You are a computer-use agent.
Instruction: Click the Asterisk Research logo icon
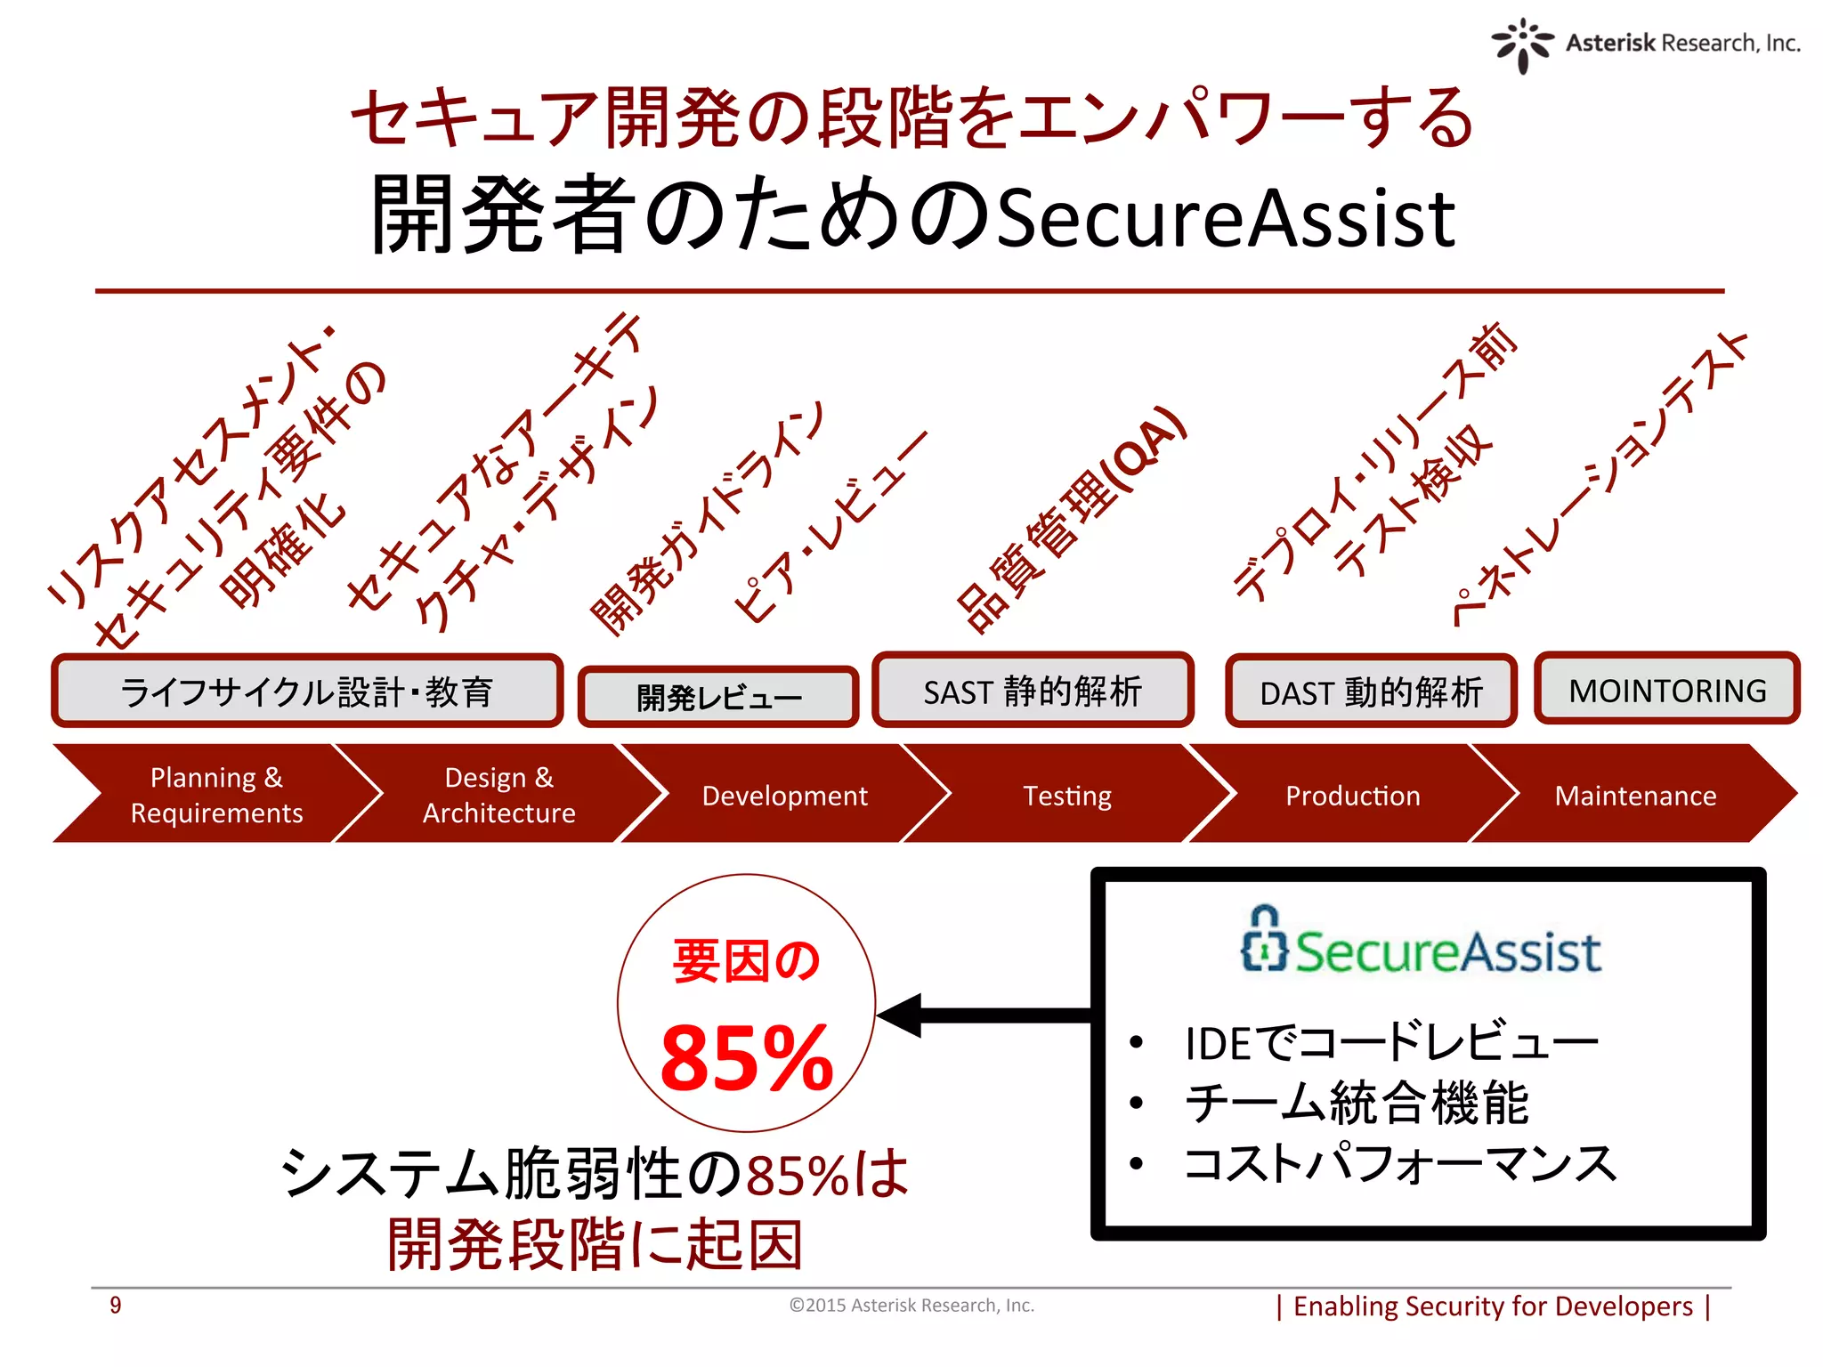coord(1522,44)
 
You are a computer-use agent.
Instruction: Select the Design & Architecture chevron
coord(498,795)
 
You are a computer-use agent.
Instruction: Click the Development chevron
coord(784,795)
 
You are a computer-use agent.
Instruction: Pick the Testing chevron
coord(1067,795)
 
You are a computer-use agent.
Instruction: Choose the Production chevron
coord(1352,795)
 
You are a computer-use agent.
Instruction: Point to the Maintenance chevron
coord(1635,795)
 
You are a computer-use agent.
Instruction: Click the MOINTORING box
coord(1666,690)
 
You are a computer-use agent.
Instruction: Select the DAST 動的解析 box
coord(1371,692)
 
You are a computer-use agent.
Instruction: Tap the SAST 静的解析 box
coord(1033,691)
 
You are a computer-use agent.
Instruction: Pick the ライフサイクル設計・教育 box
coord(307,692)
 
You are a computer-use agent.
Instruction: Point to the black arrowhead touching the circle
coord(899,1015)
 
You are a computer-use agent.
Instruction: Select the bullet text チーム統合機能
coord(1357,1103)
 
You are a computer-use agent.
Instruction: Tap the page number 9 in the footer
coord(116,1305)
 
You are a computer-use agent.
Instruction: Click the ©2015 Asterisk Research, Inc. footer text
coord(911,1305)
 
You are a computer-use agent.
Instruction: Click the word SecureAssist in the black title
coord(1226,218)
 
